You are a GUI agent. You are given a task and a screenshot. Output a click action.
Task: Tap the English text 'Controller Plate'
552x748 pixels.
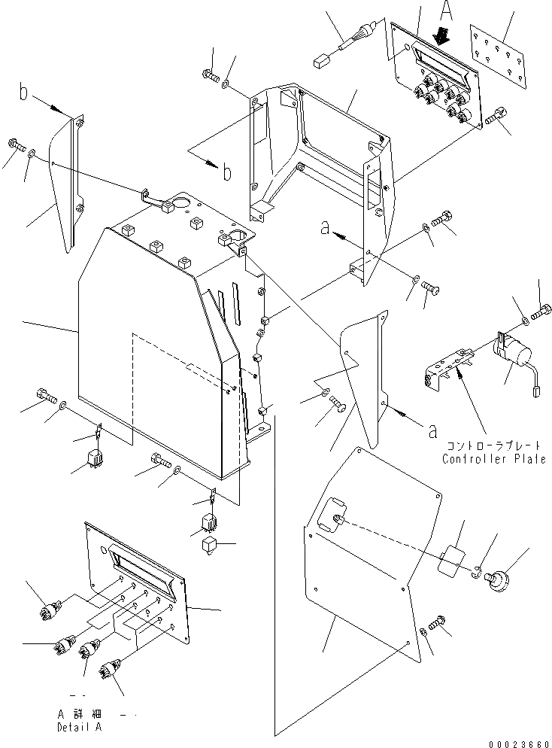[x=494, y=460]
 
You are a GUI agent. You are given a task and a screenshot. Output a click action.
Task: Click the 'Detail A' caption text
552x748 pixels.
[x=79, y=728]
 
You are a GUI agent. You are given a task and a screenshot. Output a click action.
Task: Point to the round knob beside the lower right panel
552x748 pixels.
[x=497, y=580]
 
